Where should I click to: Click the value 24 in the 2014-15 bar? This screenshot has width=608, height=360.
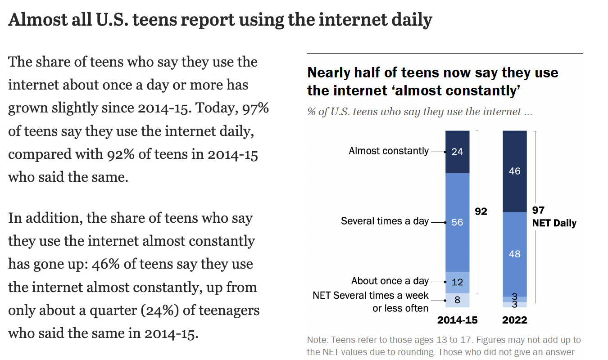click(457, 152)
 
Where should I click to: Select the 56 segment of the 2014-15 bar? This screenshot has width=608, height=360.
click(457, 222)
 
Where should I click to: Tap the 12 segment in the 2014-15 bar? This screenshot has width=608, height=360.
click(457, 282)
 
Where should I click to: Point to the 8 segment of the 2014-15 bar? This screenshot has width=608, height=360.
click(457, 300)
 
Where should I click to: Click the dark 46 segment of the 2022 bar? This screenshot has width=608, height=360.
click(514, 171)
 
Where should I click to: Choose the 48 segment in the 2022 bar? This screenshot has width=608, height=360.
click(514, 254)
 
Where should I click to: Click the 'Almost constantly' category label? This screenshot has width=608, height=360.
click(389, 151)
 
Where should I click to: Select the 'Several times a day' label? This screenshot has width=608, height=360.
click(385, 221)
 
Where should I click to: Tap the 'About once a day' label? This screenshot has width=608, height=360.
click(390, 281)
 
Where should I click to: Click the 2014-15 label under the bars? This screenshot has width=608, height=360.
click(457, 320)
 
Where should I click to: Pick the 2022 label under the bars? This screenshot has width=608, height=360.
click(514, 320)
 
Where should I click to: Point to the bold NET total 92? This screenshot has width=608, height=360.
click(481, 211)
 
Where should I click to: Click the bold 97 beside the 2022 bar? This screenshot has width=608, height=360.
click(538, 211)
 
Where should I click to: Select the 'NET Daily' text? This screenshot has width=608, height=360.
click(554, 223)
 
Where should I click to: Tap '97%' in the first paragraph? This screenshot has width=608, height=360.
click(255, 108)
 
